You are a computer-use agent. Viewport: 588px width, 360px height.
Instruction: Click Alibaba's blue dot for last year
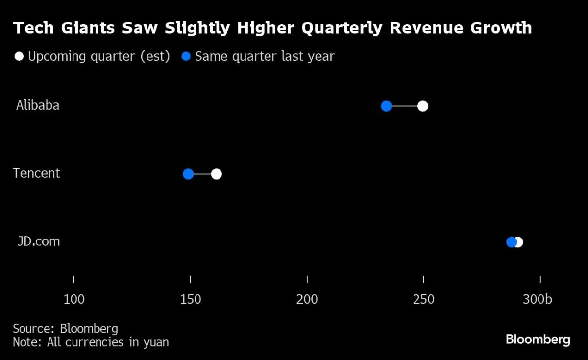click(x=386, y=106)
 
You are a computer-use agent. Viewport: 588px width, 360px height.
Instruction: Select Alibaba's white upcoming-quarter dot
click(x=423, y=106)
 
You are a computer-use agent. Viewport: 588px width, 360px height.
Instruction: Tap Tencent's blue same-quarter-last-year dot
click(x=188, y=174)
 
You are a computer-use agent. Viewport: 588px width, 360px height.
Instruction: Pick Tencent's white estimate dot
click(x=216, y=174)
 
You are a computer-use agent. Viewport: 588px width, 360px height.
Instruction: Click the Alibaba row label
click(x=38, y=105)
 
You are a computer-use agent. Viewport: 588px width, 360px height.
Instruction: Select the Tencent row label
click(x=36, y=173)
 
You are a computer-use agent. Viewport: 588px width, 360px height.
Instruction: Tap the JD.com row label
click(x=38, y=241)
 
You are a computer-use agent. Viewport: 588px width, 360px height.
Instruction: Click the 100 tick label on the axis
click(x=74, y=299)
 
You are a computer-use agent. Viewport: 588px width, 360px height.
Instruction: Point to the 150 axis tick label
click(x=191, y=299)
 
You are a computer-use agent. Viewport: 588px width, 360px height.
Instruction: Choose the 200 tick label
click(x=307, y=299)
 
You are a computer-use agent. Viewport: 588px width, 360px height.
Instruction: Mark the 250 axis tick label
click(x=423, y=299)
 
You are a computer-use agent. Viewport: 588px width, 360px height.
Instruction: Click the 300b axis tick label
click(x=537, y=299)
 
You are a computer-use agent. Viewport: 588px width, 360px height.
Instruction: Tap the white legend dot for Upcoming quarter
click(x=19, y=56)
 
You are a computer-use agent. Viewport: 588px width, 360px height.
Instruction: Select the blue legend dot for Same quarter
click(x=186, y=56)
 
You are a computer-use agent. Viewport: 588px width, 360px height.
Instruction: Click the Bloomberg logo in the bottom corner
click(x=538, y=339)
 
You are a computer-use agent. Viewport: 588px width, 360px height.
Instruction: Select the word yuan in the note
click(x=156, y=342)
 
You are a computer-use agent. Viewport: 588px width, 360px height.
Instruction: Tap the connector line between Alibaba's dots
click(x=405, y=106)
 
